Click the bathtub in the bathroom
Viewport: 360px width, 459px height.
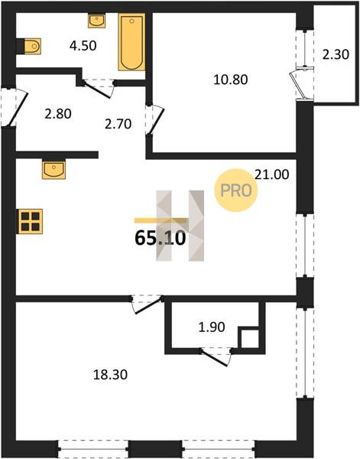pyautogui.click(x=131, y=42)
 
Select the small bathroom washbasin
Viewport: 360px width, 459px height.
pyautogui.click(x=96, y=21)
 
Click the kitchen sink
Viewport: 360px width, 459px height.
pyautogui.click(x=54, y=169)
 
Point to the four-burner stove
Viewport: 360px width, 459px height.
pyautogui.click(x=31, y=221)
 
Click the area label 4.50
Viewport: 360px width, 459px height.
pyautogui.click(x=83, y=46)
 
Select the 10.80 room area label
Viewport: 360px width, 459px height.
pyautogui.click(x=231, y=80)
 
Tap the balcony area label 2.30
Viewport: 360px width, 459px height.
pyautogui.click(x=336, y=54)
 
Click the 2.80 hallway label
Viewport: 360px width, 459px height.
pyautogui.click(x=58, y=113)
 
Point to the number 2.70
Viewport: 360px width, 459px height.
pyautogui.click(x=118, y=124)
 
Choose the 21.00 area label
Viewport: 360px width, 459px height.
pyautogui.click(x=272, y=174)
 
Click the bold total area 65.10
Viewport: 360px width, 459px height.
pyautogui.click(x=161, y=238)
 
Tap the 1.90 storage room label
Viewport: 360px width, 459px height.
pyautogui.click(x=212, y=327)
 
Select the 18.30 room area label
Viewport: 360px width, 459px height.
pyautogui.click(x=110, y=374)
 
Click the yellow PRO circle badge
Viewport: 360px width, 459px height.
pyautogui.click(x=236, y=190)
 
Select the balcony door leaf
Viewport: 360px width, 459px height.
pyautogui.click(x=296, y=85)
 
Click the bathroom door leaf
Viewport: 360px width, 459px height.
pyautogui.click(x=97, y=90)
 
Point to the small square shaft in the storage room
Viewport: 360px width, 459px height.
pyautogui.click(x=250, y=339)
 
